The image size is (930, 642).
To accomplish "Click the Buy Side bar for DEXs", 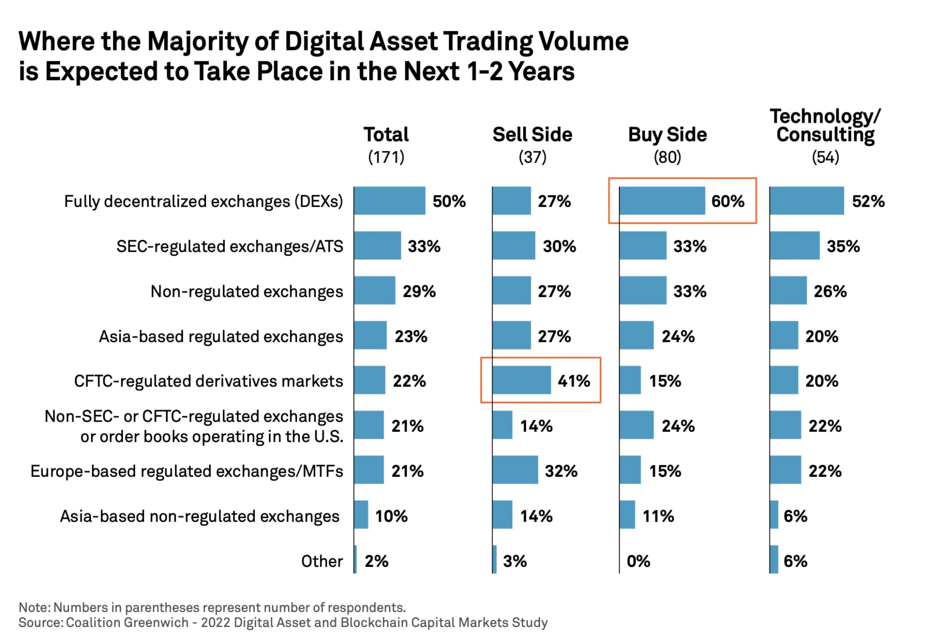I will point(662,201).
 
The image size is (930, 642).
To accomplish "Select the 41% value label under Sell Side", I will point(573,381).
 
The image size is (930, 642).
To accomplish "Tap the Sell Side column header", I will point(532,135).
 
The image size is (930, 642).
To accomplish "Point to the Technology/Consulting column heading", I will point(825,125).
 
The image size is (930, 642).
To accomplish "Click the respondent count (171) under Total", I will point(386,157).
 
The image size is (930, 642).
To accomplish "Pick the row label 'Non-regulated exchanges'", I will point(247,292).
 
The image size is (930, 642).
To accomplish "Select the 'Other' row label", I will point(322,561).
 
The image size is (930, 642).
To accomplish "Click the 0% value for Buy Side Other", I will point(638,561).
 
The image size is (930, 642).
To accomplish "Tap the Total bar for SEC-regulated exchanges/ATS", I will point(377,246).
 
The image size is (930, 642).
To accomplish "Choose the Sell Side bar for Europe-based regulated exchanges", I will point(515,470).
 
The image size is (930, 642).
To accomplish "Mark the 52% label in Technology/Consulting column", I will point(868,201).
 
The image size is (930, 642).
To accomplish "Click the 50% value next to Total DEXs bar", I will point(449,201).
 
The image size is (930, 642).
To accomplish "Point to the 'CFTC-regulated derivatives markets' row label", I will point(208,381).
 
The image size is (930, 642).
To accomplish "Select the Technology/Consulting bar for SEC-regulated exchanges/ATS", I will point(794,246).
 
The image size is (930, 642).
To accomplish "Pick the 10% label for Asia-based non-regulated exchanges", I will point(391,516).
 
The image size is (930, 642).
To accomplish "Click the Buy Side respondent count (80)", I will point(667,157).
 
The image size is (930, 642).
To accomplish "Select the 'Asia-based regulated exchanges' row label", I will point(221,337).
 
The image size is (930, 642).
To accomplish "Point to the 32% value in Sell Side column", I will point(561,471).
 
